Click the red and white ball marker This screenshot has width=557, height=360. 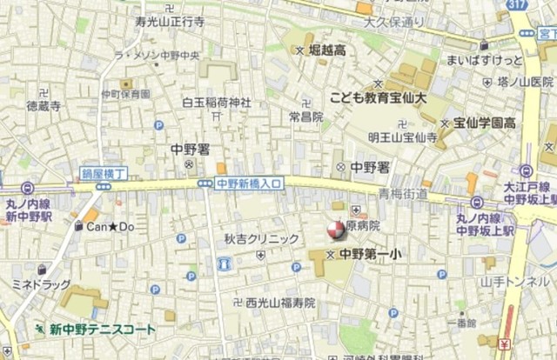[x=334, y=230]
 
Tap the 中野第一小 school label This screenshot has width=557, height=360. [x=370, y=255]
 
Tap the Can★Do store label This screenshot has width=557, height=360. [x=110, y=227]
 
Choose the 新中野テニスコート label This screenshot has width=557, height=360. [x=102, y=330]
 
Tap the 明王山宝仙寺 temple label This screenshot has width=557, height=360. [x=401, y=137]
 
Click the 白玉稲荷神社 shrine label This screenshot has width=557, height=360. [x=216, y=103]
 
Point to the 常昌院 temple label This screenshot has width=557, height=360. [x=305, y=117]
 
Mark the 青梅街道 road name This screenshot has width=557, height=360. [x=402, y=194]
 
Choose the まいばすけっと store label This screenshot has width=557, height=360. [x=485, y=60]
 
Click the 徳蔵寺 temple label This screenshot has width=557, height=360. [x=44, y=106]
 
